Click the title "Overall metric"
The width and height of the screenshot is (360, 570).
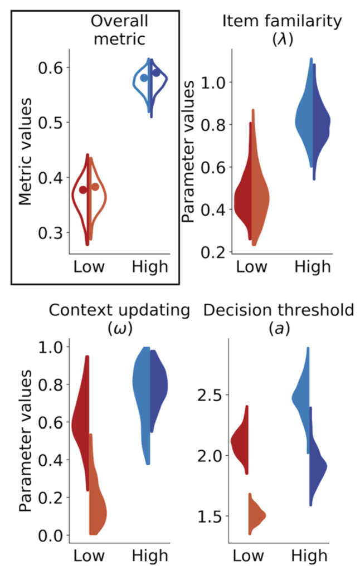[119, 30]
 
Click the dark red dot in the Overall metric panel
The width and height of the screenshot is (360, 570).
[83, 190]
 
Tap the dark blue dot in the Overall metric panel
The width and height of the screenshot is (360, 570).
[157, 72]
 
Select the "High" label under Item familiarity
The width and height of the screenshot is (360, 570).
[312, 267]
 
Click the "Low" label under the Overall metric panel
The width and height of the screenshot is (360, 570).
[89, 267]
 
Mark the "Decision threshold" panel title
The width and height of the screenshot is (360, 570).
[278, 310]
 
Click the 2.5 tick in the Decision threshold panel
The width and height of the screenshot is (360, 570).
[209, 395]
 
